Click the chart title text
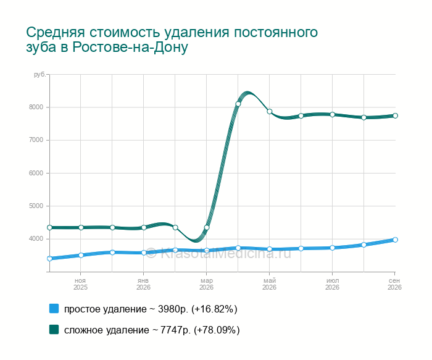tap(172, 40)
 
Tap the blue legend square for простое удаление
tap(54, 309)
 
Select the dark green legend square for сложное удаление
tap(54, 329)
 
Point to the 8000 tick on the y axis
tap(36, 107)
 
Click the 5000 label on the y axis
tap(36, 206)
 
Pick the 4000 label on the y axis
tap(36, 239)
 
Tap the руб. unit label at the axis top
tap(39, 75)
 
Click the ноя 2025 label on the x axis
tap(80, 284)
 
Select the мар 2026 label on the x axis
tap(206, 284)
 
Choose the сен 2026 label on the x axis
tap(394, 284)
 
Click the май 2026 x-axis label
tap(269, 284)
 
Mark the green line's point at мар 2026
tap(207, 228)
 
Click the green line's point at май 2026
tap(270, 111)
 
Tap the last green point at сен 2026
tap(395, 115)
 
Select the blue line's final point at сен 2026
tap(395, 240)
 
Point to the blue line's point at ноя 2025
tap(81, 255)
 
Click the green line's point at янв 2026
tap(144, 228)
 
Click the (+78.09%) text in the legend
tap(217, 330)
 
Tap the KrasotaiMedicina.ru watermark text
tap(218, 253)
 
